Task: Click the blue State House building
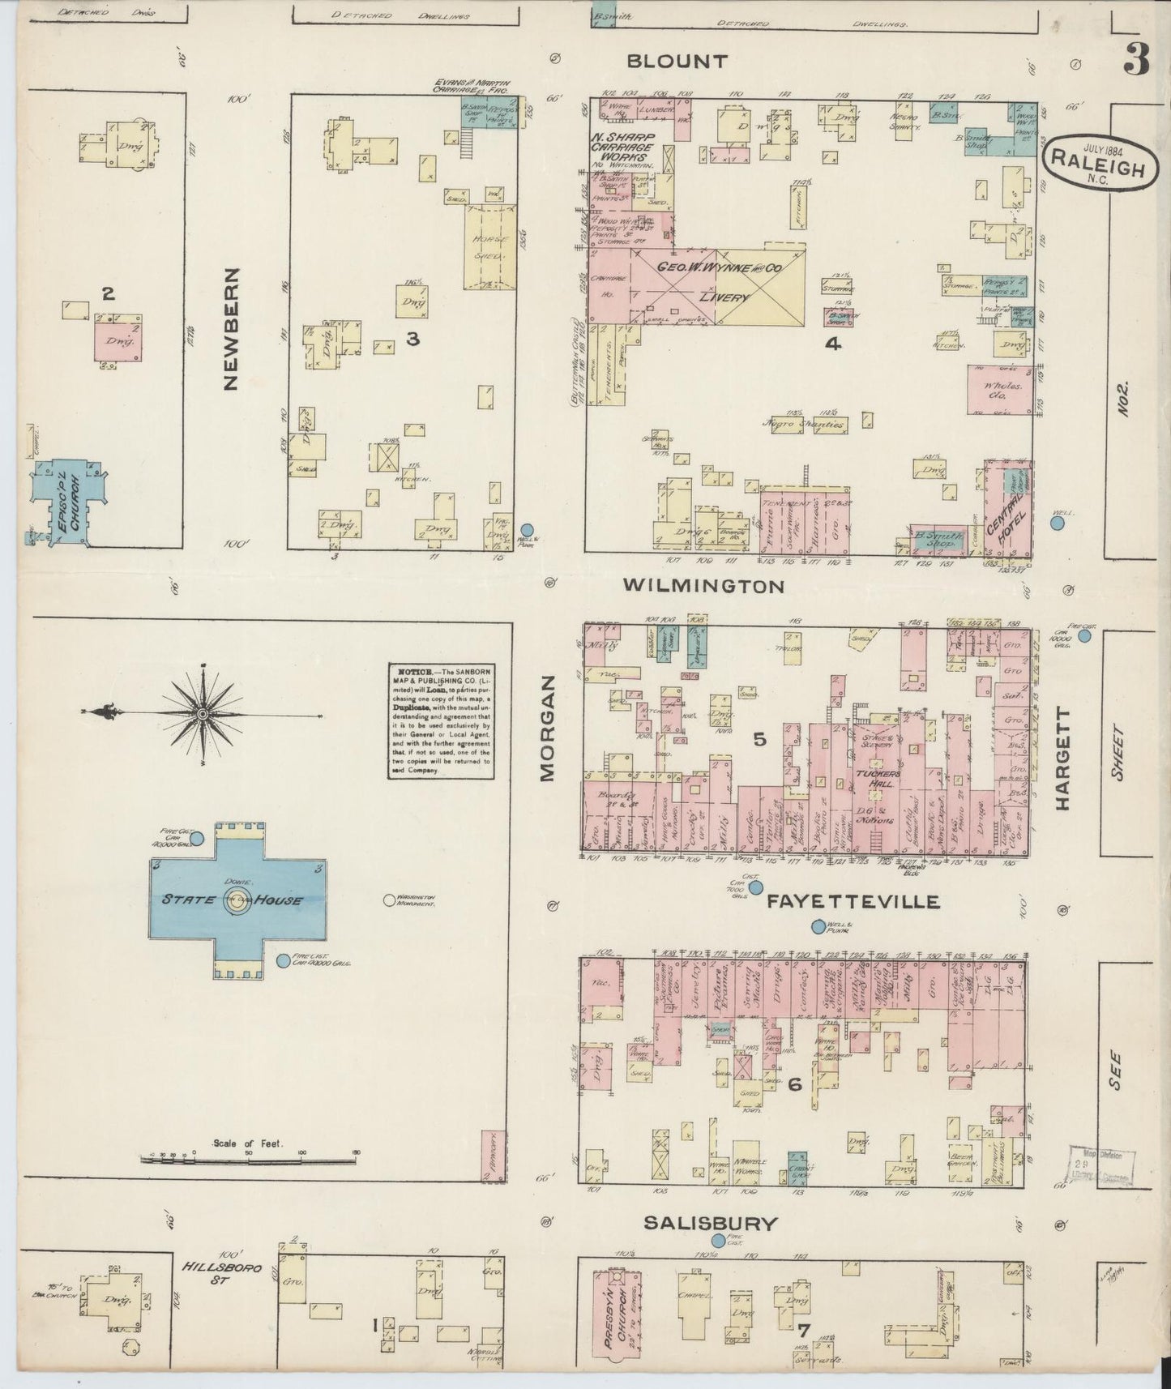point(237,900)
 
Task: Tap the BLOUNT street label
point(677,62)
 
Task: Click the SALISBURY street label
point(711,1223)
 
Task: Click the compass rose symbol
point(203,713)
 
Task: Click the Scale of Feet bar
point(251,1157)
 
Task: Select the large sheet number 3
point(1136,58)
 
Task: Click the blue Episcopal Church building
point(67,502)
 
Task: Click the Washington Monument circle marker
point(387,899)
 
